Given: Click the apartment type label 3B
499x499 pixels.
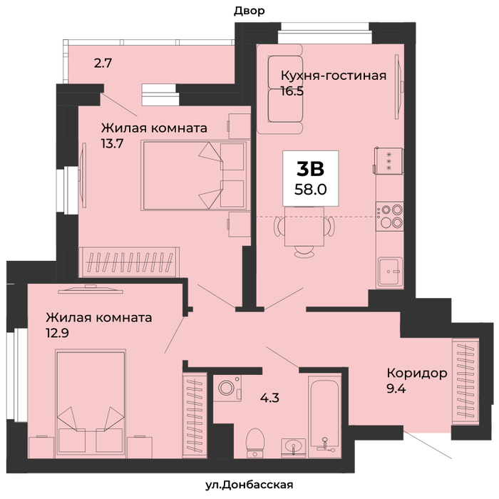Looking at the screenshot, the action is pyautogui.click(x=310, y=169).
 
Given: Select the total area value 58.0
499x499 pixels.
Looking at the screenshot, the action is pyautogui.click(x=311, y=190).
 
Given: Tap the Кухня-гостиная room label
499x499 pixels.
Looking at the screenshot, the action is pyautogui.click(x=334, y=76).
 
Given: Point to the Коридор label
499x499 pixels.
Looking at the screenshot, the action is pyautogui.click(x=417, y=373).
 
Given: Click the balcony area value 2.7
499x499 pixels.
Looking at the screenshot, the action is pyautogui.click(x=103, y=63).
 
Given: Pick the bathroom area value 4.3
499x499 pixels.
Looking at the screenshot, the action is pyautogui.click(x=269, y=398).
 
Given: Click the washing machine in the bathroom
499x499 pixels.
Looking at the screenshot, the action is pyautogui.click(x=227, y=389).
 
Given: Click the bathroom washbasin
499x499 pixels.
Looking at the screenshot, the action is pyautogui.click(x=294, y=448).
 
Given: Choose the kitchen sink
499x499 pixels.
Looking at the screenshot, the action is pyautogui.click(x=390, y=271).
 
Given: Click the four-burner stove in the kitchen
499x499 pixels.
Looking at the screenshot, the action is pyautogui.click(x=389, y=217).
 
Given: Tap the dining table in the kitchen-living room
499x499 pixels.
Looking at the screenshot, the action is pyautogui.click(x=304, y=226).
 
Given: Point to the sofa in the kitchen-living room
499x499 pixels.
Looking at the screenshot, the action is pyautogui.click(x=280, y=89).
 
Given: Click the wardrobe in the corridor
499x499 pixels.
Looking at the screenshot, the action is pyautogui.click(x=465, y=380).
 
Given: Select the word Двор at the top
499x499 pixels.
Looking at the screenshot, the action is pyautogui.click(x=249, y=11).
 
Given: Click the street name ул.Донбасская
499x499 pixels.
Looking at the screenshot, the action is pyautogui.click(x=249, y=485).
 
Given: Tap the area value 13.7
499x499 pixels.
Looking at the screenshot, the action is pyautogui.click(x=113, y=144).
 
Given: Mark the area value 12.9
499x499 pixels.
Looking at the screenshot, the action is pyautogui.click(x=57, y=333).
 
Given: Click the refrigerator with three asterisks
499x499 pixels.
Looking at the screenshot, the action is pyautogui.click(x=389, y=161).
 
